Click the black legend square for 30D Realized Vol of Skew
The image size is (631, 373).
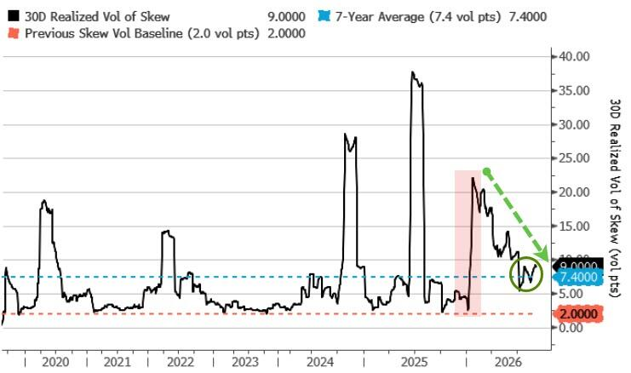point(14,16)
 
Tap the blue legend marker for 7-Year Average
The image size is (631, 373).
point(324,16)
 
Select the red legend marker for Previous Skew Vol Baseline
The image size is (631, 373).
point(14,33)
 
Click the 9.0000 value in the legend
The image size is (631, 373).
point(286,17)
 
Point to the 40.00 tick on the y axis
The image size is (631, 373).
point(574,56)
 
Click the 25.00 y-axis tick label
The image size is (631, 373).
point(574,158)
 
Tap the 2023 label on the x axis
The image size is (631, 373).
point(245,362)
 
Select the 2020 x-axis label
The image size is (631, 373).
point(55,362)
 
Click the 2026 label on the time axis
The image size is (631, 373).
point(508,362)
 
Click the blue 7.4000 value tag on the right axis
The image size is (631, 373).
point(578,278)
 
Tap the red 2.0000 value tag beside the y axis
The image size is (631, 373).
point(578,313)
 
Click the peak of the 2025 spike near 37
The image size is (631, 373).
point(412,72)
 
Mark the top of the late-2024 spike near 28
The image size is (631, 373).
point(345,134)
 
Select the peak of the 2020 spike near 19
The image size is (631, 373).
point(44,200)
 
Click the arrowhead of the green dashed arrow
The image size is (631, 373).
point(543,255)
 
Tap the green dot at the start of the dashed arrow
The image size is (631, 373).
point(486,172)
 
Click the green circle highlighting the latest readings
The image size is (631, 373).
point(527,259)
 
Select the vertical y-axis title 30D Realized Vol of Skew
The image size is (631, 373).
point(616,198)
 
